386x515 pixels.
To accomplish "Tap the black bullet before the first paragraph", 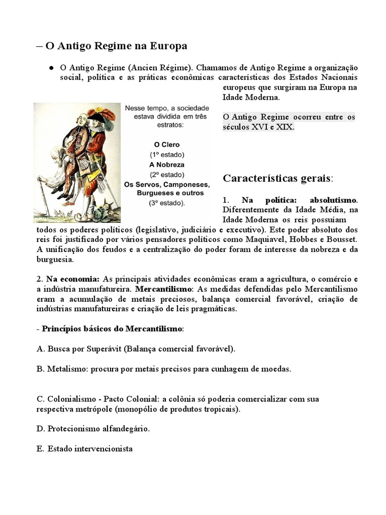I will point(51,67).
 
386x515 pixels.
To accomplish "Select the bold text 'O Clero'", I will point(167,144).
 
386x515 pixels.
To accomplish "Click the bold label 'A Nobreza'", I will point(167,164).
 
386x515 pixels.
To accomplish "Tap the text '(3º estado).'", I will point(167,203).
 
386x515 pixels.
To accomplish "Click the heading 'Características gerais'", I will point(277,178).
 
